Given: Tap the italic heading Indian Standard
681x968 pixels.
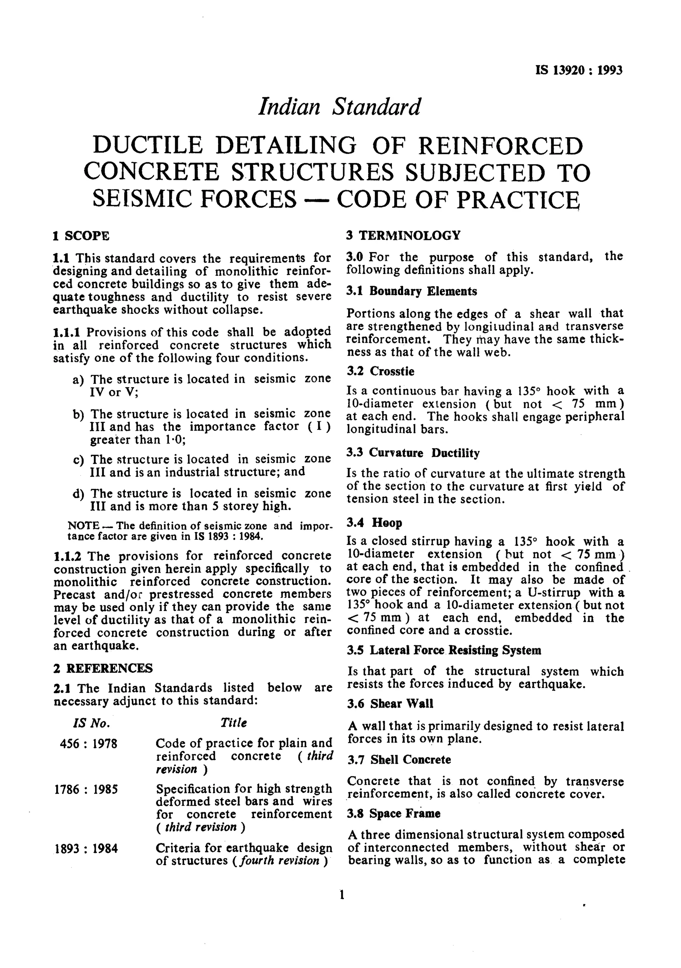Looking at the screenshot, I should tap(339, 107).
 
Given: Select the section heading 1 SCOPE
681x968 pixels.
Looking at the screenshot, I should tap(81, 236).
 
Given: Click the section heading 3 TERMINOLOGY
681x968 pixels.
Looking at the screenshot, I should tap(403, 235).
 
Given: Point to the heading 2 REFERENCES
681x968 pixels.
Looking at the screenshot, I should tap(103, 668).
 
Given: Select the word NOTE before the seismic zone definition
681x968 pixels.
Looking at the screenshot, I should tap(83, 526).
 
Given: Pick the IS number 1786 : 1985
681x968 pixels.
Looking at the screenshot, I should tap(86, 789).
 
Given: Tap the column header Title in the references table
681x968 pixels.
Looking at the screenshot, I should tap(233, 723).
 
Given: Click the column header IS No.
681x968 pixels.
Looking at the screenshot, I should tap(91, 723).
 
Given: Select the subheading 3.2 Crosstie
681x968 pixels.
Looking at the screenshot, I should tap(380, 371).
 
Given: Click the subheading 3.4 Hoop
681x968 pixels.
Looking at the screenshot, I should tap(374, 523).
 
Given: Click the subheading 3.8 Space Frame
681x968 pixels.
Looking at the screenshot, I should tap(394, 814).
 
